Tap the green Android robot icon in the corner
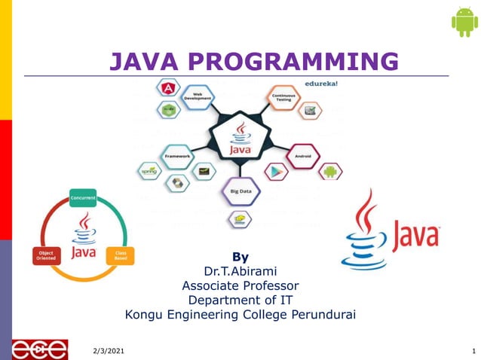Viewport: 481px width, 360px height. [464, 22]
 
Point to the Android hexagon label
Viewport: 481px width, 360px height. [302, 157]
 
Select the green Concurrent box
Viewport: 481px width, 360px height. [83, 198]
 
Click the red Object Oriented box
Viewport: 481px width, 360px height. [45, 256]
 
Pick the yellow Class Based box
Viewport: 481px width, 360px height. [120, 256]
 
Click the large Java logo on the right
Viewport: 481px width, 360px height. [390, 230]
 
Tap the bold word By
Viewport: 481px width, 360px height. [240, 257]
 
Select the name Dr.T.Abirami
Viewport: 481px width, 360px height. [240, 271]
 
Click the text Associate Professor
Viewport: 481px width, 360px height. [240, 285]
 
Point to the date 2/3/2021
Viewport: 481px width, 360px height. [109, 352]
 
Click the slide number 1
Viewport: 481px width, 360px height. [473, 352]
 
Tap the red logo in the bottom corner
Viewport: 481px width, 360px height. [39, 349]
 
